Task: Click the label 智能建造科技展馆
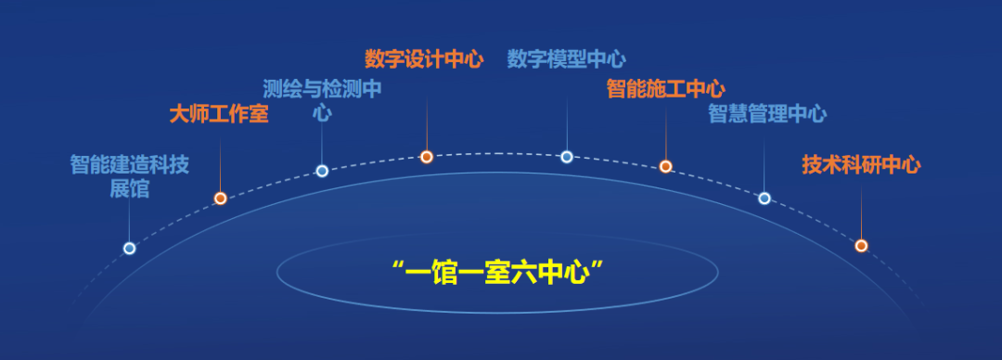[129, 176]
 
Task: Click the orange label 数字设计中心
[424, 59]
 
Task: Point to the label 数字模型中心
[566, 59]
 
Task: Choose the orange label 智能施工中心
[665, 89]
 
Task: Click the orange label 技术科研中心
[861, 165]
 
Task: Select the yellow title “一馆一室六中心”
[497, 273]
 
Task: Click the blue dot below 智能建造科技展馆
[129, 248]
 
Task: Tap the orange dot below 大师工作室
[220, 198]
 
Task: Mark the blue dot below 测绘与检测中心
[322, 171]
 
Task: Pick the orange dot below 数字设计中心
[426, 157]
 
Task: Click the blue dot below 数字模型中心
[567, 157]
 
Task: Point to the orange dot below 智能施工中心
[665, 166]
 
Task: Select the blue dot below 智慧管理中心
[764, 198]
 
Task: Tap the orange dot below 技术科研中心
[861, 246]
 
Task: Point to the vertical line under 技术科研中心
[861, 210]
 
